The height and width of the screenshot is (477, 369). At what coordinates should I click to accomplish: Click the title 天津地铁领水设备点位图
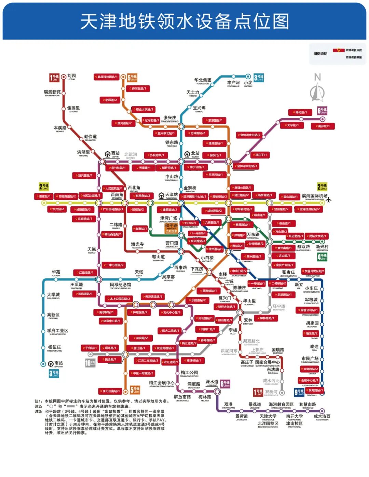pos(184,22)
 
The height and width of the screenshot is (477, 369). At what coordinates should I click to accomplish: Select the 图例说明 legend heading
pos(320,54)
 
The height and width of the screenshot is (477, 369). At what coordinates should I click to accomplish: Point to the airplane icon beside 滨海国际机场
pos(329,200)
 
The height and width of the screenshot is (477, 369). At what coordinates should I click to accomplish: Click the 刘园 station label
pos(71,76)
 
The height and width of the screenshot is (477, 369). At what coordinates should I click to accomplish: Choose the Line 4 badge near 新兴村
pos(322,257)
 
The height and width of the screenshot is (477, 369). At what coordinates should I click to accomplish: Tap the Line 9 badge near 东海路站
pos(299,392)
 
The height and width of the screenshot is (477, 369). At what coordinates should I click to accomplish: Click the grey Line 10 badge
pos(90,363)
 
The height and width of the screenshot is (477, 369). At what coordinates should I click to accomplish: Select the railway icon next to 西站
pos(108,154)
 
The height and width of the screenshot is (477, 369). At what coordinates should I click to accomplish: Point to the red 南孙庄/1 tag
pos(323,126)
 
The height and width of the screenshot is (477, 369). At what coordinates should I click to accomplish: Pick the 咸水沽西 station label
pos(322,416)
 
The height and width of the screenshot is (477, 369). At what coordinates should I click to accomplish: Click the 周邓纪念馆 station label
pos(120,285)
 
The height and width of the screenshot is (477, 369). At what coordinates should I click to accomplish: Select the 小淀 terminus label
pos(248,83)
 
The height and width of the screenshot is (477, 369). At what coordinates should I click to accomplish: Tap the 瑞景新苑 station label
pos(52,92)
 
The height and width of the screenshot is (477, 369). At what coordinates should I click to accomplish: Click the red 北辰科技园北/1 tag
pos(107,77)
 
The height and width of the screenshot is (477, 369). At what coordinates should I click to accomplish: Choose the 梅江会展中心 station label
pos(162,383)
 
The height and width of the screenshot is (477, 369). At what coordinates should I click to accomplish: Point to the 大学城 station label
pos(53,295)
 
